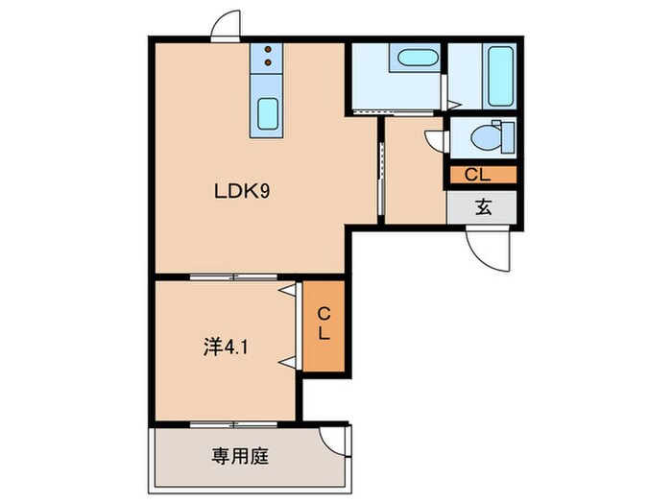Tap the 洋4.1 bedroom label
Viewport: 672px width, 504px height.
click(227, 345)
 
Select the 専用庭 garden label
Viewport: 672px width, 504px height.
click(240, 456)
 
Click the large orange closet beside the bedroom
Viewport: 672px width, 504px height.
click(324, 325)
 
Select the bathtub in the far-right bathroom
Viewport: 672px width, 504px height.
click(499, 74)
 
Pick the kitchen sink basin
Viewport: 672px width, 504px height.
click(268, 116)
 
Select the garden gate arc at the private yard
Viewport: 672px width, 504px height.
click(336, 441)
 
